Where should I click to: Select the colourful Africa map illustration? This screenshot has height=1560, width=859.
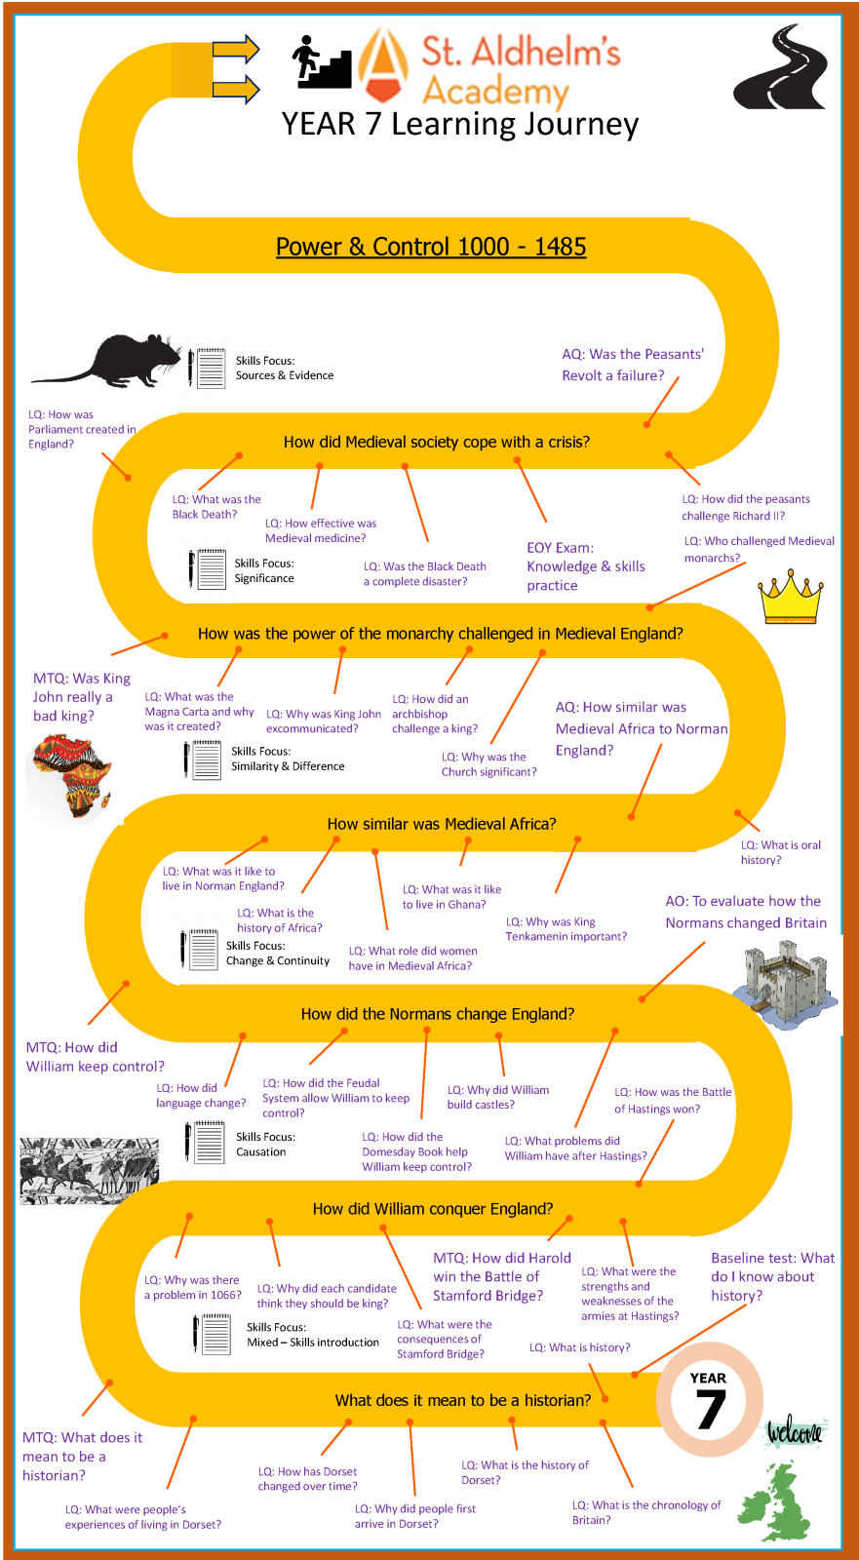click(x=71, y=776)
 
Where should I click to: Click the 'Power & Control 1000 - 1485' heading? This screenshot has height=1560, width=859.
click(x=431, y=247)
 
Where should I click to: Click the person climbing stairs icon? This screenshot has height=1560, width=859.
click(x=321, y=62)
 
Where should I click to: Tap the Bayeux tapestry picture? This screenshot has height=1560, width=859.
click(x=89, y=1170)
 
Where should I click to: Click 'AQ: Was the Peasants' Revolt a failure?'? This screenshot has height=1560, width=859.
click(x=633, y=365)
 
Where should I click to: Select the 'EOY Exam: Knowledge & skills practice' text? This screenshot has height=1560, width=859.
click(x=586, y=566)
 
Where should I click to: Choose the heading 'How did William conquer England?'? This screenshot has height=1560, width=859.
click(x=433, y=1209)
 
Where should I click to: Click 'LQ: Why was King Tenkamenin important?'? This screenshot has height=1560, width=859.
click(x=566, y=929)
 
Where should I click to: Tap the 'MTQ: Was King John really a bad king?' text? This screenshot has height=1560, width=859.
click(x=81, y=697)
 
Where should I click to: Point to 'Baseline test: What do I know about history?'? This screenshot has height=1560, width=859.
click(x=772, y=1276)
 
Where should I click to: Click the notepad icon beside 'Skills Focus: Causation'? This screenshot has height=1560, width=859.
click(x=206, y=1142)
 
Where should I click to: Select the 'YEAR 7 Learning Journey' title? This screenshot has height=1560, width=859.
click(x=460, y=125)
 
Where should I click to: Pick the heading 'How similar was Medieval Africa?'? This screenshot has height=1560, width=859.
click(x=442, y=824)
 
